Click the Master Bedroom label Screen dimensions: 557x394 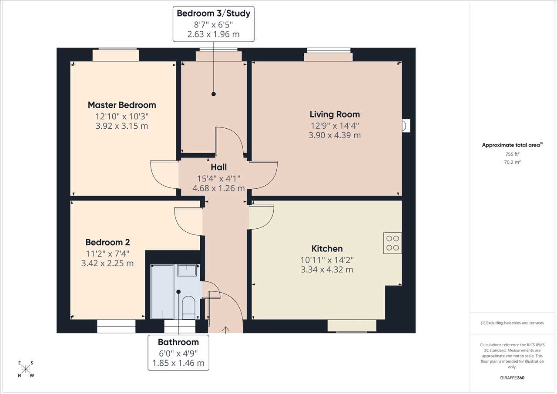122,105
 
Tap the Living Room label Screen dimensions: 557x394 335,114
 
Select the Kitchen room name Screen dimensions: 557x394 327,249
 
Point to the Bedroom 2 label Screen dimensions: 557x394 107,242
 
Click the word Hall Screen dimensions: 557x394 218,167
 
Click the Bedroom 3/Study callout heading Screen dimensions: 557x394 214,13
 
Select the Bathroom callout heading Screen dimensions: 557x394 178,342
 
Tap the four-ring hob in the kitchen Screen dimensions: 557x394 393,243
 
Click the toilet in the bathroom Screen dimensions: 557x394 189,307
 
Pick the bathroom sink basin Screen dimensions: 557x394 187,270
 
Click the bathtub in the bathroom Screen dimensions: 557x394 162,292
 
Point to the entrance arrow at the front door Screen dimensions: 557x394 225,330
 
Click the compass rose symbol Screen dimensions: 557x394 26,369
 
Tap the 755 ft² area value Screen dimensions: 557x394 512,154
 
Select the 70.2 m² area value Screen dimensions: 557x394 512,162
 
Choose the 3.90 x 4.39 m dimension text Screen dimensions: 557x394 335,135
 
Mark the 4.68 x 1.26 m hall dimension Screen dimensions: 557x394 218,188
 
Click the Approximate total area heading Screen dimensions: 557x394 512,145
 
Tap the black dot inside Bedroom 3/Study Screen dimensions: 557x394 214,94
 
